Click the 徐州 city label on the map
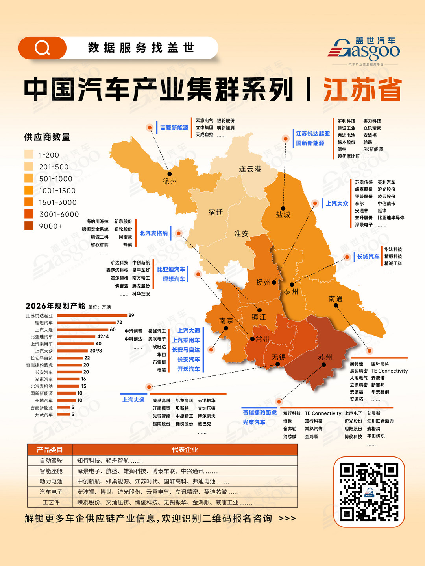170,182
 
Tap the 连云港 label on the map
250,169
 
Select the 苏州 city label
325,357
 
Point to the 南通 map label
336,299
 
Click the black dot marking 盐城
283,208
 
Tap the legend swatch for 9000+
29,226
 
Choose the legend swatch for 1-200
29,154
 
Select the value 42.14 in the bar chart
103,336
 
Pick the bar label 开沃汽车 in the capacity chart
44,415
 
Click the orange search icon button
42,48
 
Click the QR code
369,492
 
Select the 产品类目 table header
50,450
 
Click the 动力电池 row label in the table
51,481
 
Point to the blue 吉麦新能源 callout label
174,128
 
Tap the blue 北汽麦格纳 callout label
153,233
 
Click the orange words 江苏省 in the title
362,90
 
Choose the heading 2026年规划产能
55,306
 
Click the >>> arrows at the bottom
287,519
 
